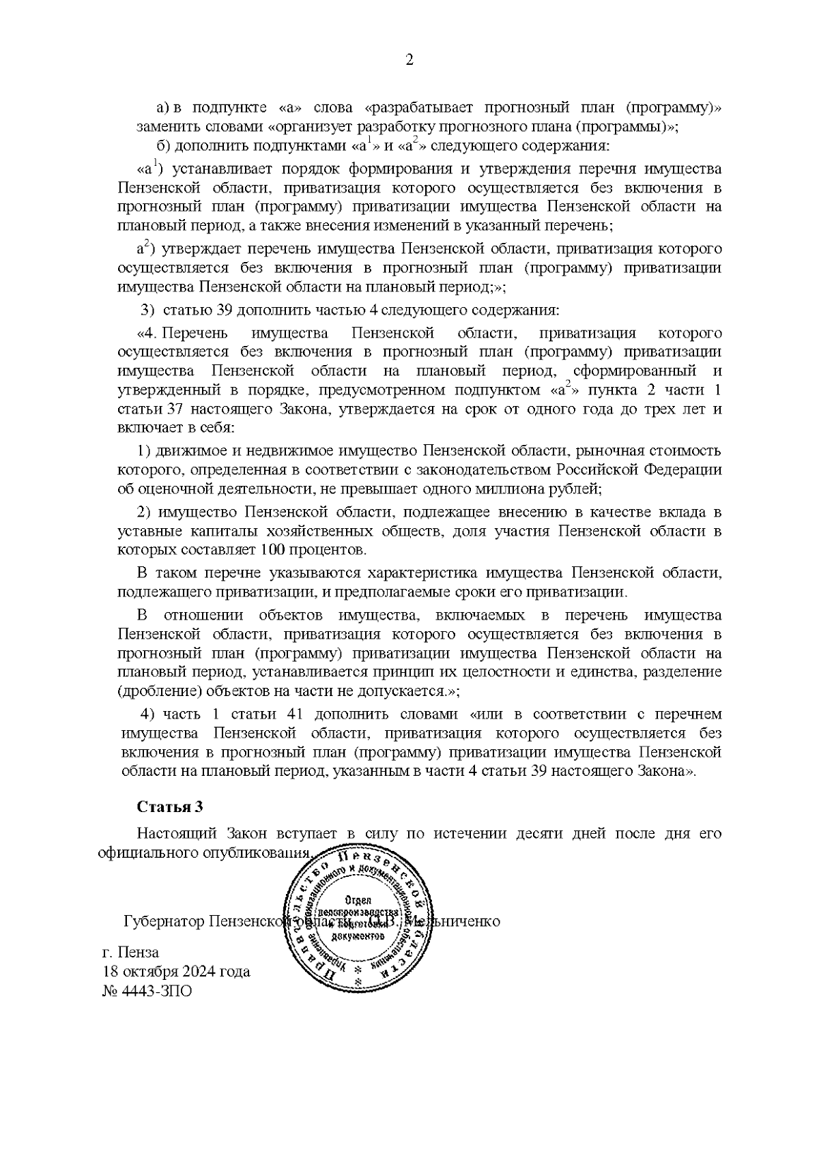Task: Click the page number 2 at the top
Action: pyautogui.click(x=409, y=60)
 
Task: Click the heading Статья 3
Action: pyautogui.click(x=170, y=807)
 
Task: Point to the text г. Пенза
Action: pyautogui.click(x=130, y=952)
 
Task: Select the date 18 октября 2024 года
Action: pyautogui.click(x=176, y=971)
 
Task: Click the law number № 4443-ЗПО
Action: pyautogui.click(x=147, y=991)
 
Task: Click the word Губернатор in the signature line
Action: pyautogui.click(x=164, y=921)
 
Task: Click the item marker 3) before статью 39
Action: pyautogui.click(x=148, y=310)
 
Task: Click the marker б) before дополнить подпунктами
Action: pyautogui.click(x=164, y=146)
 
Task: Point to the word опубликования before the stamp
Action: pyautogui.click(x=268, y=854)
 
